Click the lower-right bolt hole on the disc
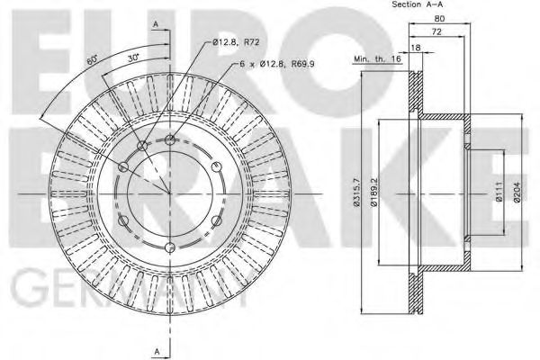pos(218,221)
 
